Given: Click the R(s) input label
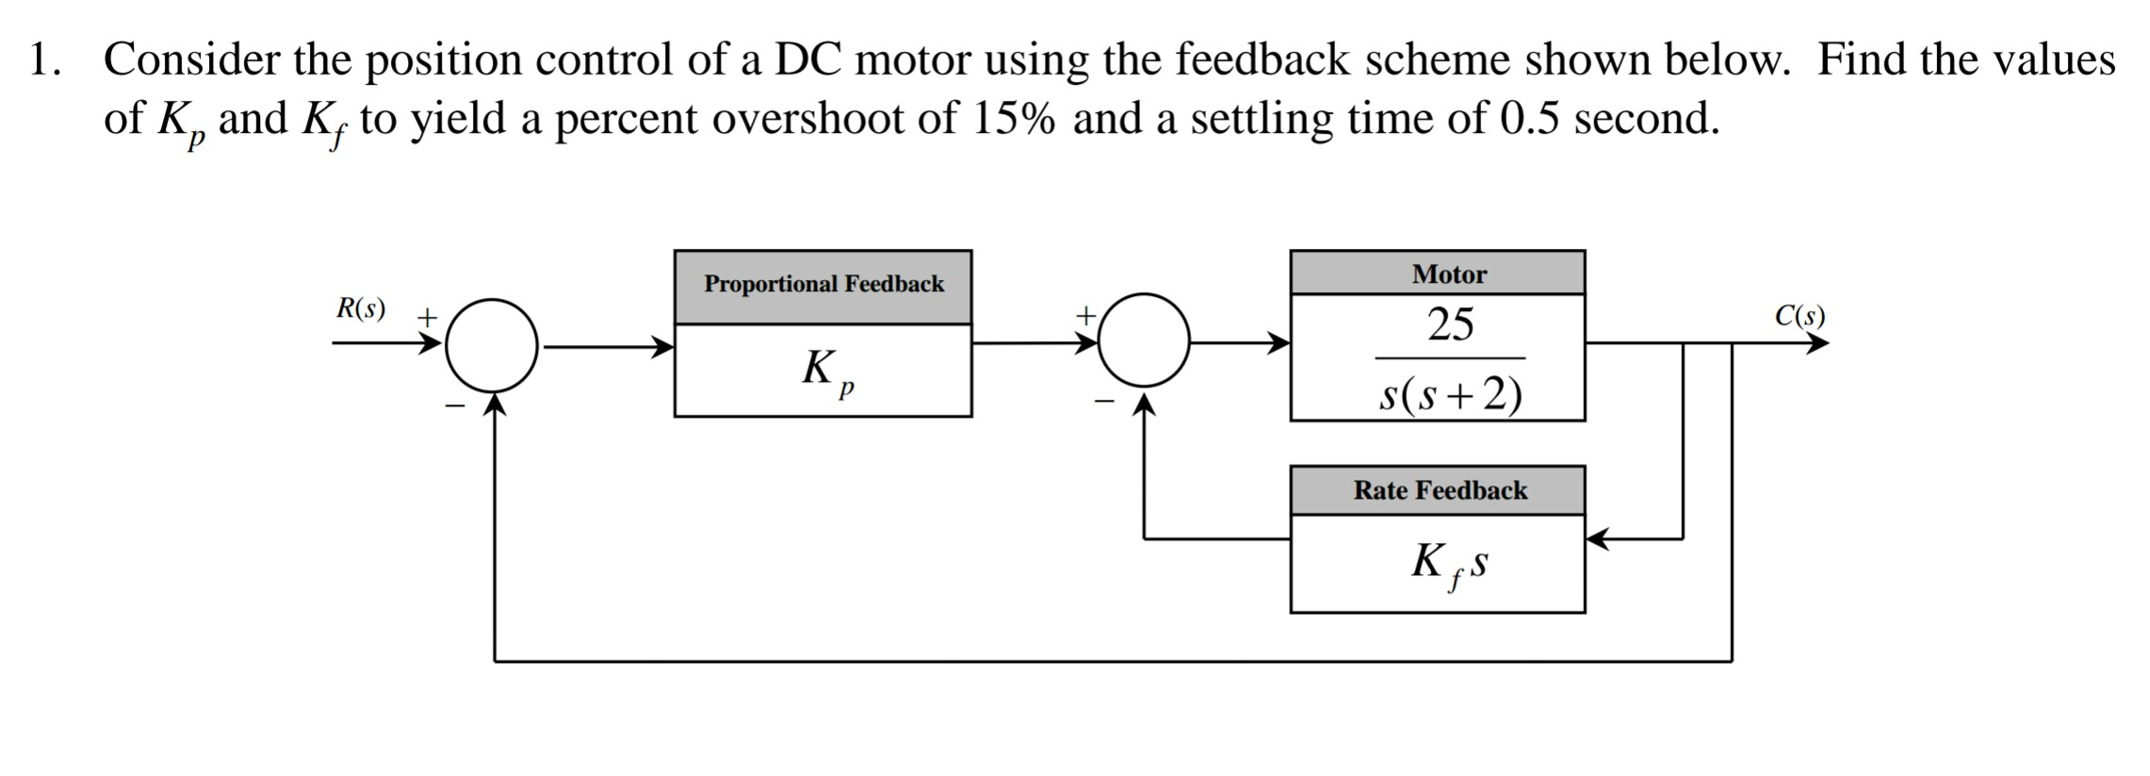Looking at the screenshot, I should coord(361,309).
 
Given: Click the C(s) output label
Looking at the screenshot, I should coord(1800,316).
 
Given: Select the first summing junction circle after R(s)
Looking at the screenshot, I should coord(492,346).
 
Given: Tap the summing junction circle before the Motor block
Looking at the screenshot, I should coord(1144,340).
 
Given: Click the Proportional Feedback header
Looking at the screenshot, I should coord(823,285).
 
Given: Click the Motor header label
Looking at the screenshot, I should coord(1448,274).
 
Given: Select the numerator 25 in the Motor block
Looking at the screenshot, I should coord(1450,325).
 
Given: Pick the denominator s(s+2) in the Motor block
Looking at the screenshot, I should coord(1450,395).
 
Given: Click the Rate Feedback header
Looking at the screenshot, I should coord(1440,490).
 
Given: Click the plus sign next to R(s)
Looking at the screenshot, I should coord(428,317).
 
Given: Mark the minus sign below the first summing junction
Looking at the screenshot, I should coord(455,406).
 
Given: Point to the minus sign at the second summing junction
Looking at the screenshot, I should coord(1101,402).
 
